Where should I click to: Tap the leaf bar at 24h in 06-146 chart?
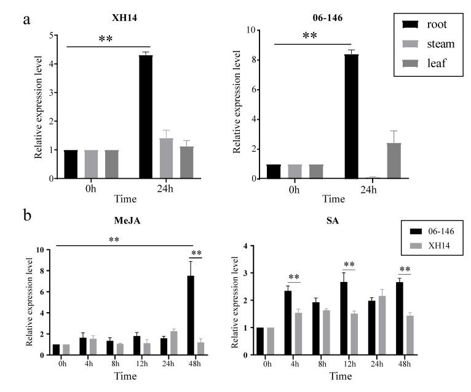[x=394, y=160]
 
